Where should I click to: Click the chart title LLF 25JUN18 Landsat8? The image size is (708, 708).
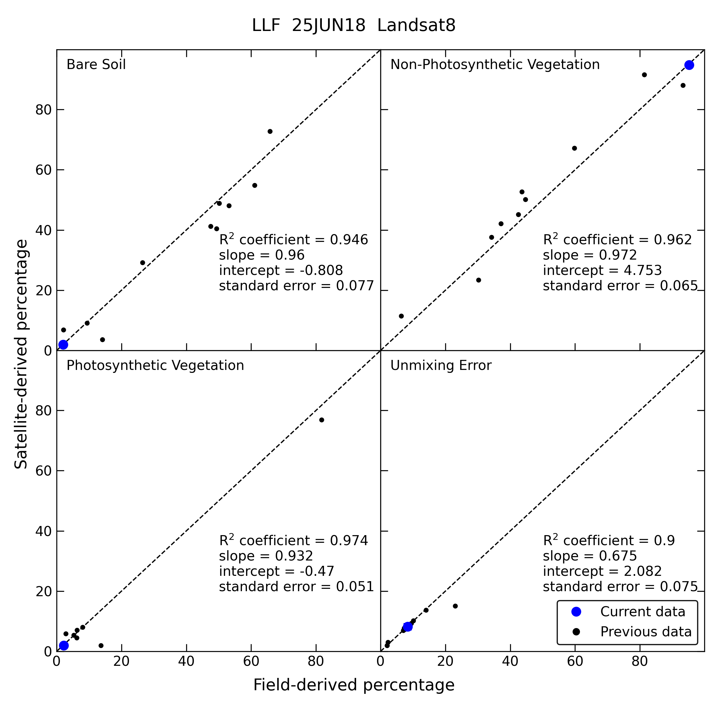tap(354, 26)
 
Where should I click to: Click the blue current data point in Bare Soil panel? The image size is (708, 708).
tap(63, 345)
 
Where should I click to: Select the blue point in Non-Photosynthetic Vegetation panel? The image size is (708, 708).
tap(689, 65)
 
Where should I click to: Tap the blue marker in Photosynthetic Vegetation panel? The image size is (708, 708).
tap(64, 645)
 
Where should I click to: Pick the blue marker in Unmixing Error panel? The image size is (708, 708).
tap(407, 627)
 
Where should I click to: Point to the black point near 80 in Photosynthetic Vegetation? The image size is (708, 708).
tap(321, 419)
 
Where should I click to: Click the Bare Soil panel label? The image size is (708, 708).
tap(96, 65)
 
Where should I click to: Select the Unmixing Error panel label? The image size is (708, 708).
tap(440, 366)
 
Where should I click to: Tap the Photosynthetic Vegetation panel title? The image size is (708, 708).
tap(155, 366)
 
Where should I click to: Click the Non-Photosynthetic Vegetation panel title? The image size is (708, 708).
tap(495, 65)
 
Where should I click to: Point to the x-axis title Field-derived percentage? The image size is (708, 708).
tap(354, 684)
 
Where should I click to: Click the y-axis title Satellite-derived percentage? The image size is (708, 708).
tap(21, 354)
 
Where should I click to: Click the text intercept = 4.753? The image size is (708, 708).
tap(602, 270)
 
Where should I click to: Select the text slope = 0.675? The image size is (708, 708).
tap(590, 555)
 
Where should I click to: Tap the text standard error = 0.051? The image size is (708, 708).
tap(296, 586)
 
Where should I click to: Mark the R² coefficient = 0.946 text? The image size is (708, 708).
tap(293, 239)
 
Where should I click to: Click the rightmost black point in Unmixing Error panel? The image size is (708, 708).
tap(455, 606)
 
